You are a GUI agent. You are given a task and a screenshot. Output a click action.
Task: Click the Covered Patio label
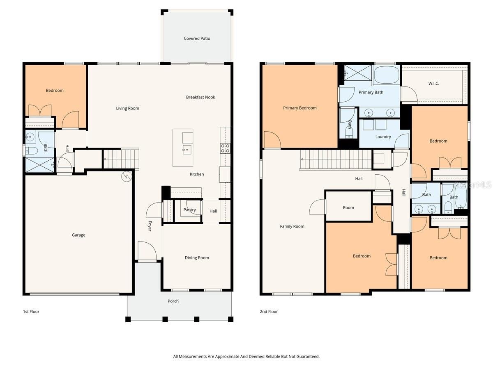pyautogui.click(x=197, y=39)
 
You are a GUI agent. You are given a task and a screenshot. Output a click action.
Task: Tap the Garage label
pyautogui.click(x=78, y=235)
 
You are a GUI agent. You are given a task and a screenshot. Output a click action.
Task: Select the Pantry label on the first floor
pyautogui.click(x=189, y=210)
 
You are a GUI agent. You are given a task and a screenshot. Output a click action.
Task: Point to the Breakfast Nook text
pyautogui.click(x=200, y=97)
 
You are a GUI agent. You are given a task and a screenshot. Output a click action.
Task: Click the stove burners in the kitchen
pyautogui.click(x=225, y=148)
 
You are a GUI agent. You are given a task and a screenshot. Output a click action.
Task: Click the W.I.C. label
pyautogui.click(x=433, y=84)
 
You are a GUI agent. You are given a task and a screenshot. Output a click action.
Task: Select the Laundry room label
pyautogui.click(x=383, y=137)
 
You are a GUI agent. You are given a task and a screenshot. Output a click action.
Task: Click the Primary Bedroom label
pyautogui.click(x=299, y=108)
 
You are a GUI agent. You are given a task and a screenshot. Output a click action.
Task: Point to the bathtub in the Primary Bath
pyautogui.click(x=386, y=75)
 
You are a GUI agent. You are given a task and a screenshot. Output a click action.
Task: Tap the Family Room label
pyautogui.click(x=292, y=226)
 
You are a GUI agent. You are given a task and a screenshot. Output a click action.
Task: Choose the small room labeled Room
pyautogui.click(x=348, y=207)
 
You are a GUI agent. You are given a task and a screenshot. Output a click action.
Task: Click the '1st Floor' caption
pyautogui.click(x=31, y=312)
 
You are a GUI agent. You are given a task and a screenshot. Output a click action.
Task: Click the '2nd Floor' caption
pyautogui.click(x=269, y=312)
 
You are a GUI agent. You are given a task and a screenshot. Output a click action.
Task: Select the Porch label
pyautogui.click(x=173, y=301)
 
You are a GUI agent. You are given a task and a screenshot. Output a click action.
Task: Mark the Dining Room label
pyautogui.click(x=197, y=258)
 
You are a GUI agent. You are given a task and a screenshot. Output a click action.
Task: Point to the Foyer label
pyautogui.click(x=150, y=226)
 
